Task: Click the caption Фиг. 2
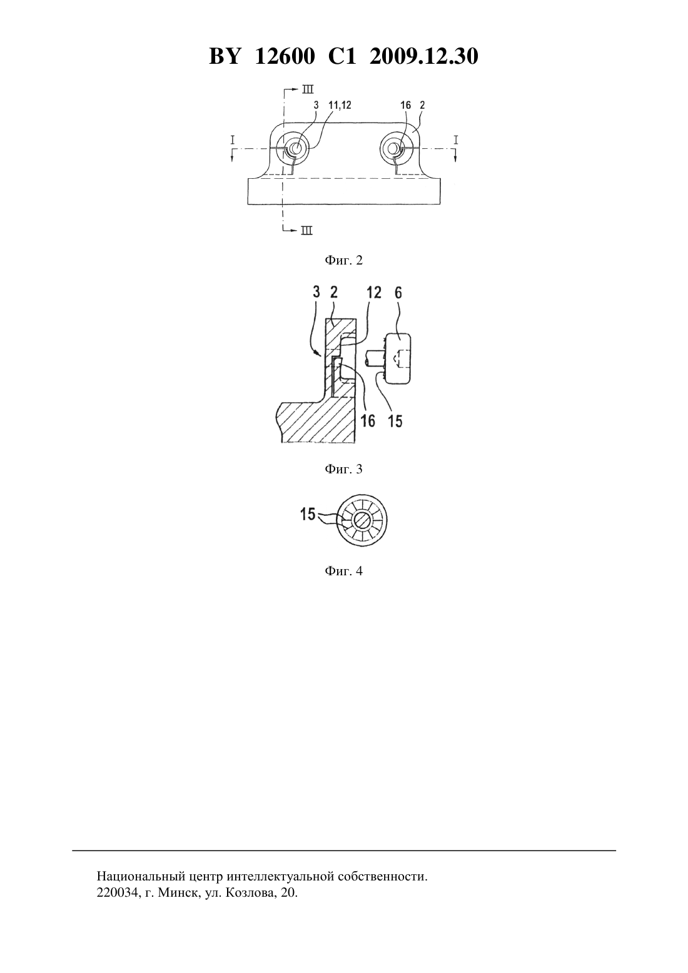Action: (343, 260)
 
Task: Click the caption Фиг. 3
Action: (343, 469)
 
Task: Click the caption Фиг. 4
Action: (343, 571)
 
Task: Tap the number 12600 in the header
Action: (285, 56)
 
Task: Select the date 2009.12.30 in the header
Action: (424, 56)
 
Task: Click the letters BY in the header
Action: (224, 56)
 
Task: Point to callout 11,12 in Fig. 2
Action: (340, 105)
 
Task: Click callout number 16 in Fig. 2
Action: (405, 105)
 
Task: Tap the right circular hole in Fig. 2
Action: (393, 148)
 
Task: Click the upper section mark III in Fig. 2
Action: (308, 89)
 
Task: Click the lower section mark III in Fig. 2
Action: (307, 231)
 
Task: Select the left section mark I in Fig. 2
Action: (233, 139)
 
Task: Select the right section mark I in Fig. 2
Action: (455, 139)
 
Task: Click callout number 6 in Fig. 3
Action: (398, 293)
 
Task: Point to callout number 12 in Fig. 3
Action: (373, 293)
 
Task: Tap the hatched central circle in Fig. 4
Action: (362, 520)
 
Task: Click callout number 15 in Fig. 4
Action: (308, 514)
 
